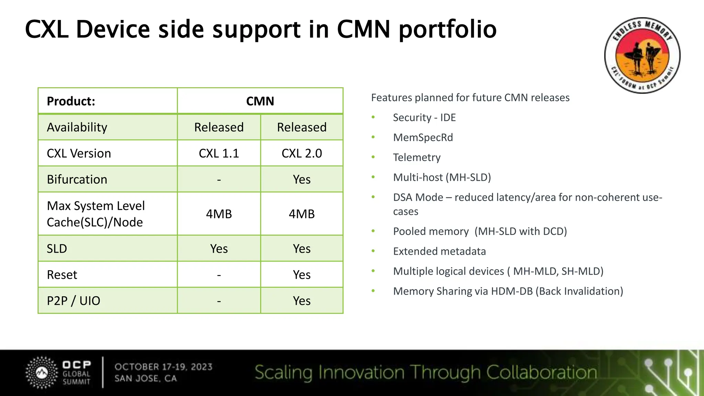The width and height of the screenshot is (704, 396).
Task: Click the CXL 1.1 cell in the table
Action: tap(219, 153)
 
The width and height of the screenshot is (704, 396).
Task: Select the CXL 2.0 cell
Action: tap(301, 153)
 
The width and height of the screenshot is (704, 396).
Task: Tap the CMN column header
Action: tap(260, 101)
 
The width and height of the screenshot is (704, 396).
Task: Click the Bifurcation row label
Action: tap(77, 179)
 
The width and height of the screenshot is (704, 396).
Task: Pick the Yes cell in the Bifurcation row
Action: tap(301, 179)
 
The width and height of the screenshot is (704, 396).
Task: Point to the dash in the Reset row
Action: tap(219, 275)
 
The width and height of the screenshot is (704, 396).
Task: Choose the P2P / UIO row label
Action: tap(73, 301)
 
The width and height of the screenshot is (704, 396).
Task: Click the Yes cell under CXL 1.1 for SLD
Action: tap(219, 249)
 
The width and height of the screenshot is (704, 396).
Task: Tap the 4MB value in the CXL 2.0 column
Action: tap(301, 214)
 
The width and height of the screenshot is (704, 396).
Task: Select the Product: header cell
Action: tap(71, 101)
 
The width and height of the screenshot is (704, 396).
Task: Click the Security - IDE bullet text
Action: tap(424, 118)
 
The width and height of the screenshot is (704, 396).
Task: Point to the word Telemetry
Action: tap(417, 157)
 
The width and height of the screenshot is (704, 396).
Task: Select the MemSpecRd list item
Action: tap(423, 137)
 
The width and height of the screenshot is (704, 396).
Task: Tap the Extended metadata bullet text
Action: tap(439, 251)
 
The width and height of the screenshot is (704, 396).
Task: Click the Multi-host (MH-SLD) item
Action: tap(442, 177)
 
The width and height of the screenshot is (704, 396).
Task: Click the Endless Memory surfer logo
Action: tap(642, 55)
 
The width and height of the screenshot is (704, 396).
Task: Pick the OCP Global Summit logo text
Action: tap(76, 373)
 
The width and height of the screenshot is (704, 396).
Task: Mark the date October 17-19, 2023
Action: tap(164, 367)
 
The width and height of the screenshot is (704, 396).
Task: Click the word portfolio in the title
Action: tap(448, 29)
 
